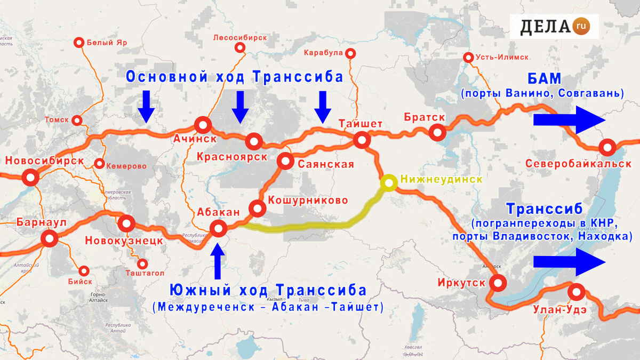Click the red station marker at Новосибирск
click(x=30, y=177)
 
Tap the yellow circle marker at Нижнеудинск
click(x=389, y=182)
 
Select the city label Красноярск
click(x=231, y=157)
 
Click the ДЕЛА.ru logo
click(x=554, y=25)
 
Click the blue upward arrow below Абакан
click(x=218, y=261)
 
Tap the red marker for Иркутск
click(x=499, y=283)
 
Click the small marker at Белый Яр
click(x=79, y=43)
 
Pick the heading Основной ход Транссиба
click(x=235, y=77)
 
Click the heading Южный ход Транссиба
click(x=268, y=291)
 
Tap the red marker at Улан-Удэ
click(x=576, y=292)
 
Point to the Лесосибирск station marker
click(x=240, y=48)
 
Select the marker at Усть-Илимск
click(x=469, y=58)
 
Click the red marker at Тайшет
click(x=362, y=141)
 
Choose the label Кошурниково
click(x=308, y=201)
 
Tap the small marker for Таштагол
click(x=142, y=263)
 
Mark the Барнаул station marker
click(x=50, y=239)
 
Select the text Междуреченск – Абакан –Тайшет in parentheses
click(x=267, y=308)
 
